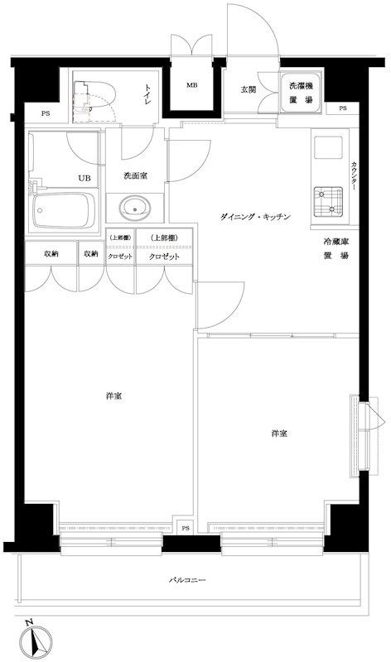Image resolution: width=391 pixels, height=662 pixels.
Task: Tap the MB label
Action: (191, 84)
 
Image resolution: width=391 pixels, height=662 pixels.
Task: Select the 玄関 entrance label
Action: (249, 89)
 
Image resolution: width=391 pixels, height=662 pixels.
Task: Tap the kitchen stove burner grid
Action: (329, 199)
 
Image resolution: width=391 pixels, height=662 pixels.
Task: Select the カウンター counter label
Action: (355, 175)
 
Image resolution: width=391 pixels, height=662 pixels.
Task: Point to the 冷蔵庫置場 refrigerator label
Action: (335, 248)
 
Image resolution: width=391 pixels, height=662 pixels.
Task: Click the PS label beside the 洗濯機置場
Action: (343, 108)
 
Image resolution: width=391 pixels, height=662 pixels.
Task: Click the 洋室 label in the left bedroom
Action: (113, 396)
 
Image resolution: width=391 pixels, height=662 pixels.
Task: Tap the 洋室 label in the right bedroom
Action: (279, 434)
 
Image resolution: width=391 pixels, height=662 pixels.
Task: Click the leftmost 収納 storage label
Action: (51, 255)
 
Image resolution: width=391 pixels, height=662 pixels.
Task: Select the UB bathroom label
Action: (84, 177)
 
